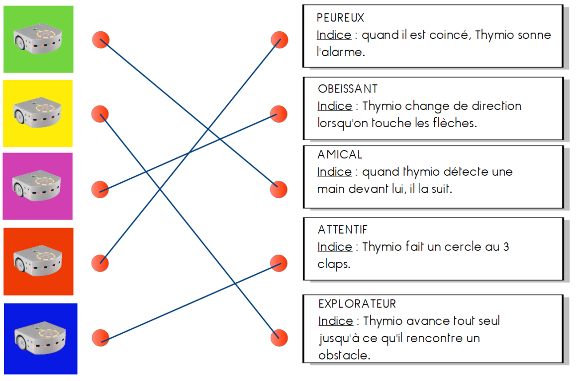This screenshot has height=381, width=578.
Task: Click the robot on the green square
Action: coord(38,39)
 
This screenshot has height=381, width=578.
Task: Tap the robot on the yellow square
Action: coord(37,112)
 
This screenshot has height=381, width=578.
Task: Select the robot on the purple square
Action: coord(36,185)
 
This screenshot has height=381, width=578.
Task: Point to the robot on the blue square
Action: coord(40,338)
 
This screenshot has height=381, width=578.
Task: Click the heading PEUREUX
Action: coord(340,18)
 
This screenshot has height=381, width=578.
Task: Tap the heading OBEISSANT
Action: coord(348,89)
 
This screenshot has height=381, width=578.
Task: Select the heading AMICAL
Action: coord(340,154)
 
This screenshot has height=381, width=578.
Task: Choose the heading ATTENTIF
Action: coord(342,229)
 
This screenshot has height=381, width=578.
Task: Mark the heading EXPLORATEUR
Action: coord(357,304)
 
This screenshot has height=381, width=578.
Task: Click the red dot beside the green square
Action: coord(100,40)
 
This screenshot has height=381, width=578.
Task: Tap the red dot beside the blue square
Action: coord(100,338)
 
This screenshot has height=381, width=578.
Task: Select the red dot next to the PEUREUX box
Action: coord(280,40)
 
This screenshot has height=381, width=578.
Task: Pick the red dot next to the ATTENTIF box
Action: coord(279,263)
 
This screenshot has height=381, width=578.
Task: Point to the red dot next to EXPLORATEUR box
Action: coord(279,338)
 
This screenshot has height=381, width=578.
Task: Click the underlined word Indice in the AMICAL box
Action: coord(334,172)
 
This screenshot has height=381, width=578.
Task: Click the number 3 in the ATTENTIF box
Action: coord(506,247)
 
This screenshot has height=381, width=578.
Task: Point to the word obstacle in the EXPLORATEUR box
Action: coord(344,355)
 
